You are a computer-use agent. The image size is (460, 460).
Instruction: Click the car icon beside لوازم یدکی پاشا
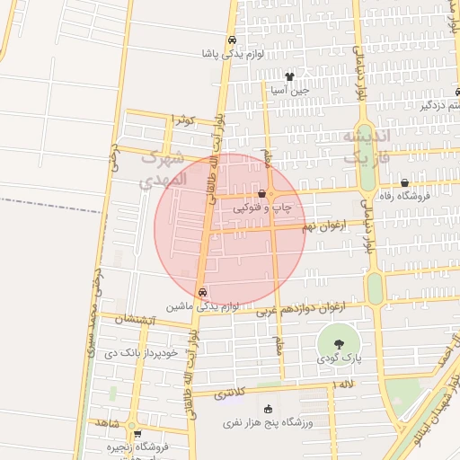coord(233,40)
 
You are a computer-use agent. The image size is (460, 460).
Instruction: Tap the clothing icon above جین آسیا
coord(288,77)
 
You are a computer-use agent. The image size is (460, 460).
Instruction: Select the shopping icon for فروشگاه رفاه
coord(404,182)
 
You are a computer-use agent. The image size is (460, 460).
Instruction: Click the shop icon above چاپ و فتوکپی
coord(261,193)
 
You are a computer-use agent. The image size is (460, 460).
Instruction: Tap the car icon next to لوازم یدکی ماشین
coord(202,292)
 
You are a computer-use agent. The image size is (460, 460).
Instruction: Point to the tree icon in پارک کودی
coord(338,344)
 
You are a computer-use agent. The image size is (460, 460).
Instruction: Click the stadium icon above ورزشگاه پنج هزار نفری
coord(267,410)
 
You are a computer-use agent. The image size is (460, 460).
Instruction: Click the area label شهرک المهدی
coord(164,168)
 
